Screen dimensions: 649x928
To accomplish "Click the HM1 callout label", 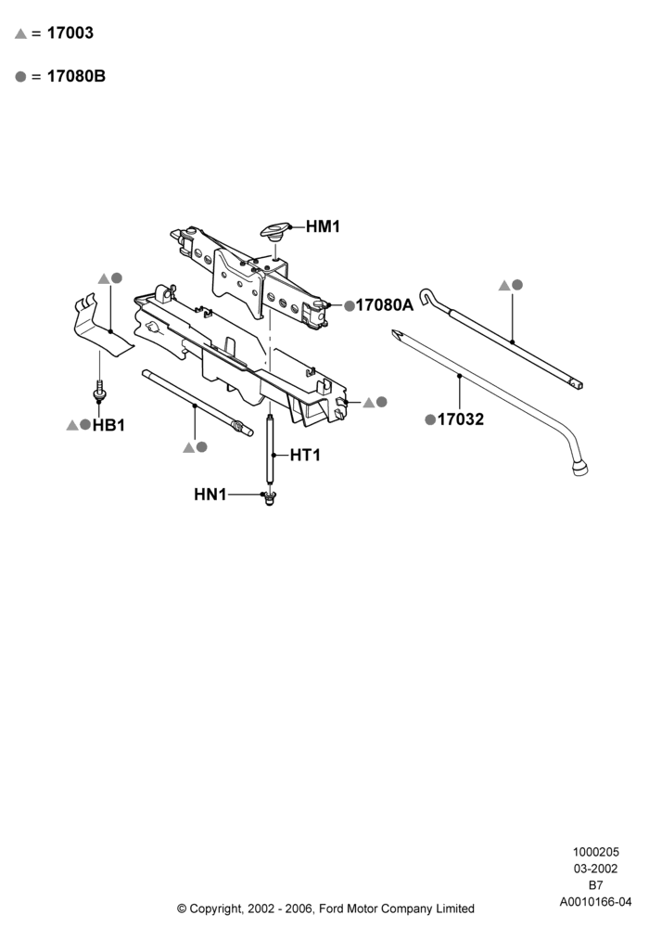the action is [x=323, y=226].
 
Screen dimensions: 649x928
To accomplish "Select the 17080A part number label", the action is [x=384, y=305].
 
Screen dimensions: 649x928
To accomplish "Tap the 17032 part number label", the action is [x=461, y=419].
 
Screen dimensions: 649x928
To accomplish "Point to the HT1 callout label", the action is [x=305, y=455].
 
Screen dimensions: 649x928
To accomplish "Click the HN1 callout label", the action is [x=210, y=495].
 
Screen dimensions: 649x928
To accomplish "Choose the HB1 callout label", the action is [x=108, y=426].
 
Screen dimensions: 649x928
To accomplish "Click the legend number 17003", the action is [x=70, y=33].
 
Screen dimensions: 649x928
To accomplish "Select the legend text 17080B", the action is [x=76, y=76].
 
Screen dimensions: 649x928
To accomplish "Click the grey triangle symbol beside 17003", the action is [x=20, y=34].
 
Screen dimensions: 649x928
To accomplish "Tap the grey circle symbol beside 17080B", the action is [x=20, y=77].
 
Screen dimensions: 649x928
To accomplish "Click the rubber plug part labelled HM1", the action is [x=275, y=230].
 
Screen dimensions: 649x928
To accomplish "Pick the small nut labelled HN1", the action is [x=270, y=498].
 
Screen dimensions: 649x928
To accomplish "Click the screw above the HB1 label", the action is [x=98, y=392].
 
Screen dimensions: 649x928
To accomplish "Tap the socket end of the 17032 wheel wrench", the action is [x=579, y=470].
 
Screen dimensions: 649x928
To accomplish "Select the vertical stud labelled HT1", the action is [x=270, y=450].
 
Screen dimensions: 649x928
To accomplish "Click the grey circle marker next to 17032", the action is [x=430, y=419].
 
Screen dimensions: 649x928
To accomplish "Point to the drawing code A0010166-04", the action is [x=596, y=902].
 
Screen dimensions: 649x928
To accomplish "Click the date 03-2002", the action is [x=596, y=869].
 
